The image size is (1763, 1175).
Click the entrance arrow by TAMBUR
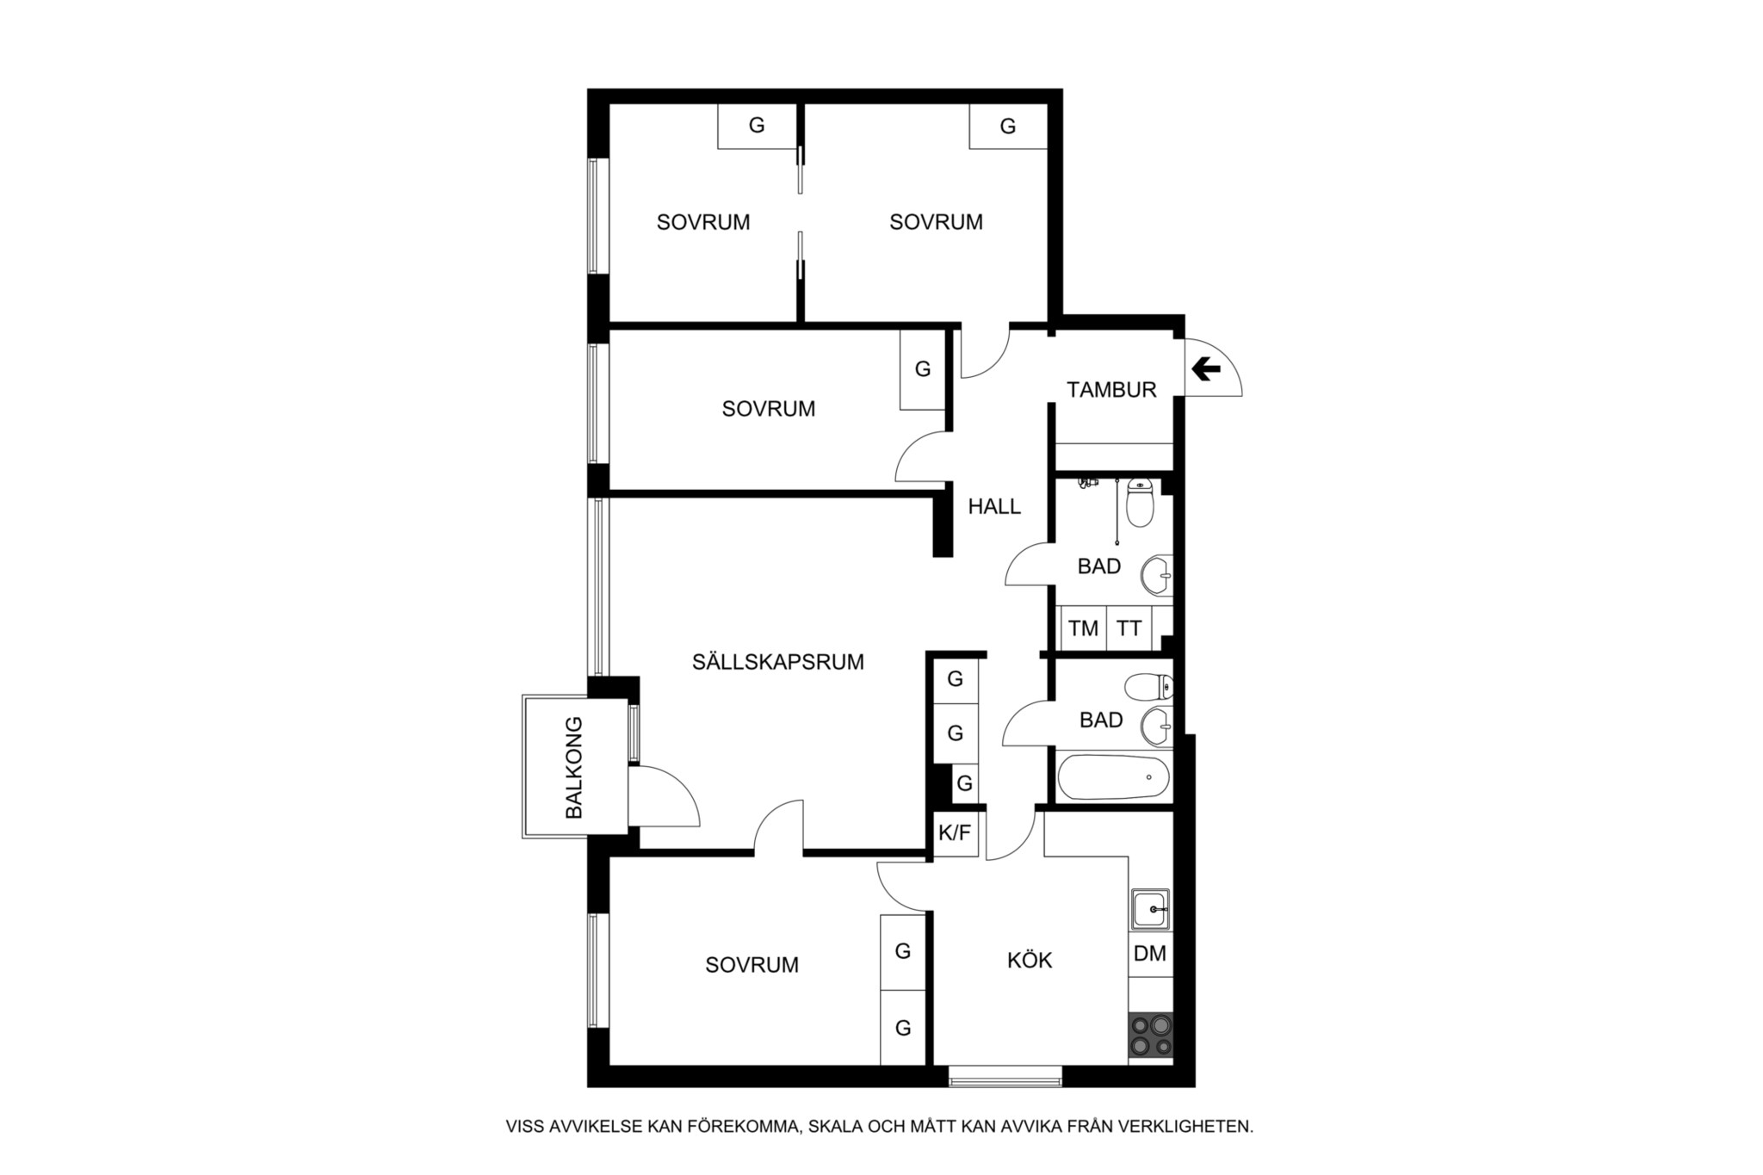1206,369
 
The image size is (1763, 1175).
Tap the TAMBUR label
1111,390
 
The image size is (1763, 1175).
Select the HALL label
994,507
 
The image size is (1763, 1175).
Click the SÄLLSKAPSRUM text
778,662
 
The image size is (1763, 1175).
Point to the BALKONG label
574,767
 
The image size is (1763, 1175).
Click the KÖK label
1030,960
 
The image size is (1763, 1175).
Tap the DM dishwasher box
1150,954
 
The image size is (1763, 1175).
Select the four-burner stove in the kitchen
1151,1036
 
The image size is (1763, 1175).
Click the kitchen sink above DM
1151,909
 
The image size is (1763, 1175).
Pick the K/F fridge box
956,833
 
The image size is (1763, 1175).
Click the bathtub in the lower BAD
1114,776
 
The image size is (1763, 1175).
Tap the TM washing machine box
1083,628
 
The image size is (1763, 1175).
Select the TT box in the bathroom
1129,628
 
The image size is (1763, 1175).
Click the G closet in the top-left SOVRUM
757,126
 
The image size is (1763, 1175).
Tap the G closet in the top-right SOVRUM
1008,127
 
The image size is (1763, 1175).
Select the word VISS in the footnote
524,1126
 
